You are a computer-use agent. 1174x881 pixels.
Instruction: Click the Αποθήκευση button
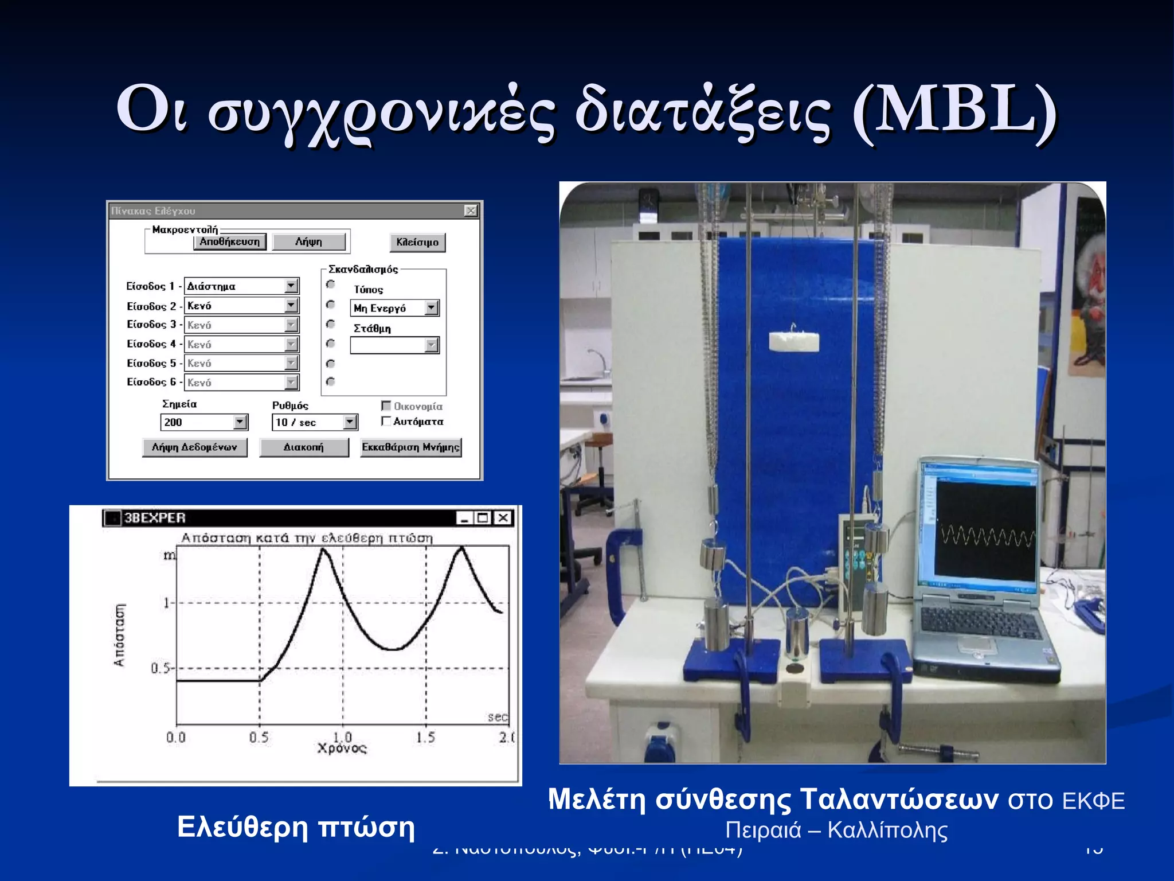230,241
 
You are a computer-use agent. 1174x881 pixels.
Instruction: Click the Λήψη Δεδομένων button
194,447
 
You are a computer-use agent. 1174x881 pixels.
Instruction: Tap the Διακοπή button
304,447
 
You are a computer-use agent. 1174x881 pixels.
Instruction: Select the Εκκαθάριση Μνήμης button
411,447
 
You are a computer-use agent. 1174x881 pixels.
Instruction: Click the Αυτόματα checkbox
386,422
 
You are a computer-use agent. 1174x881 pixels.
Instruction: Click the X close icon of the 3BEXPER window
503,518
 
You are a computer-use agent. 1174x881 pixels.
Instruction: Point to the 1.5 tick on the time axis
426,737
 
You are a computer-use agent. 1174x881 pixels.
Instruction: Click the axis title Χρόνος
342,749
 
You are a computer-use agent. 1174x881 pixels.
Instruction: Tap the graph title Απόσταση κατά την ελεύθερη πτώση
307,538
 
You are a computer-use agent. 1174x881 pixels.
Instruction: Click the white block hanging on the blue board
793,342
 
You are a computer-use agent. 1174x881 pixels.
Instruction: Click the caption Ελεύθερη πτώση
296,827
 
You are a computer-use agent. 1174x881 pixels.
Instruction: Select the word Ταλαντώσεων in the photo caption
899,799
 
